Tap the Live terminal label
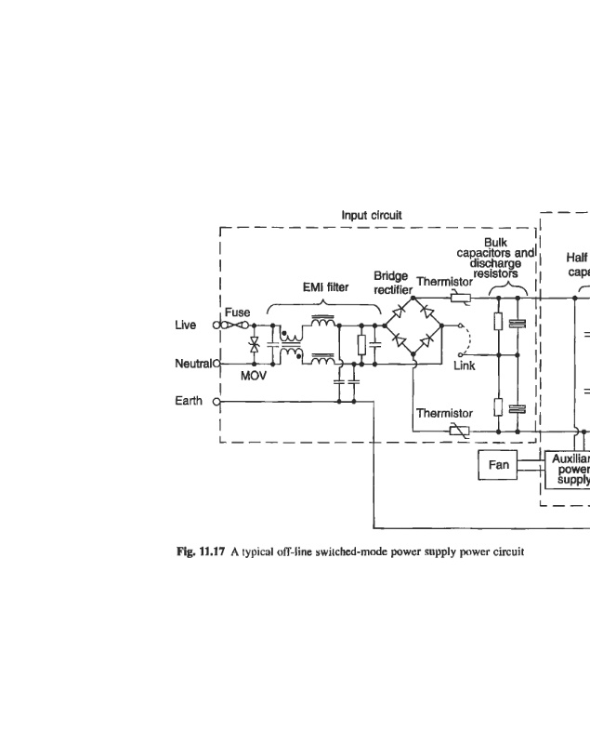point(186,325)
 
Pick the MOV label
point(254,377)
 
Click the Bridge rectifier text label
point(392,283)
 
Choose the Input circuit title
point(372,216)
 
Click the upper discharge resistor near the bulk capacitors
point(499,324)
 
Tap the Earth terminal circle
point(217,402)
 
